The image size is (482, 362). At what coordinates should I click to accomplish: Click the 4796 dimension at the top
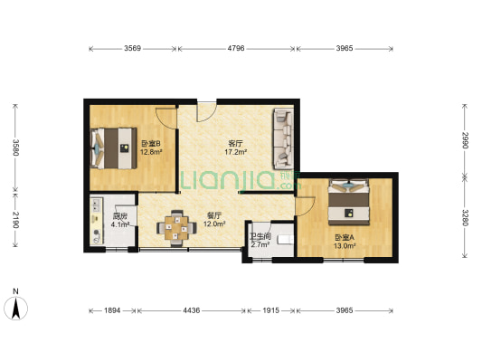236,48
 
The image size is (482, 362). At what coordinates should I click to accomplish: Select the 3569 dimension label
133,48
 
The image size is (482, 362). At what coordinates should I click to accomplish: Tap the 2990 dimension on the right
465,140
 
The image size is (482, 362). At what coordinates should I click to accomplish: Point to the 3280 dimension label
465,218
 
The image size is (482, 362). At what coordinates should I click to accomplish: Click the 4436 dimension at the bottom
192,310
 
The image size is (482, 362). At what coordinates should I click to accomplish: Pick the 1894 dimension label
112,310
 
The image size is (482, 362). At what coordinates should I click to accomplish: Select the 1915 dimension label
270,310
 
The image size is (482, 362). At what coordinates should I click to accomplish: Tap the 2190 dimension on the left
15,220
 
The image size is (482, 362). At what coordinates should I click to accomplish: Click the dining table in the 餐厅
176,228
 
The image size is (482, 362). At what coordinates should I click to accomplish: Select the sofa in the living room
283,138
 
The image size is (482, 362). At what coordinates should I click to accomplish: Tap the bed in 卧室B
113,148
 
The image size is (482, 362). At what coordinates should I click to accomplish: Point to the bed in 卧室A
348,202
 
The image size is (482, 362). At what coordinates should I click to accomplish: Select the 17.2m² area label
236,152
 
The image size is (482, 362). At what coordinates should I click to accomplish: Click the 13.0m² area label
345,246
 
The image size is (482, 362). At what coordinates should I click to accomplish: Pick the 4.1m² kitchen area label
120,224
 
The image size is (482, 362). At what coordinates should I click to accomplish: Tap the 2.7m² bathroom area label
260,245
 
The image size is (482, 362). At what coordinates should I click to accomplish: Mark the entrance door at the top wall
206,110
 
